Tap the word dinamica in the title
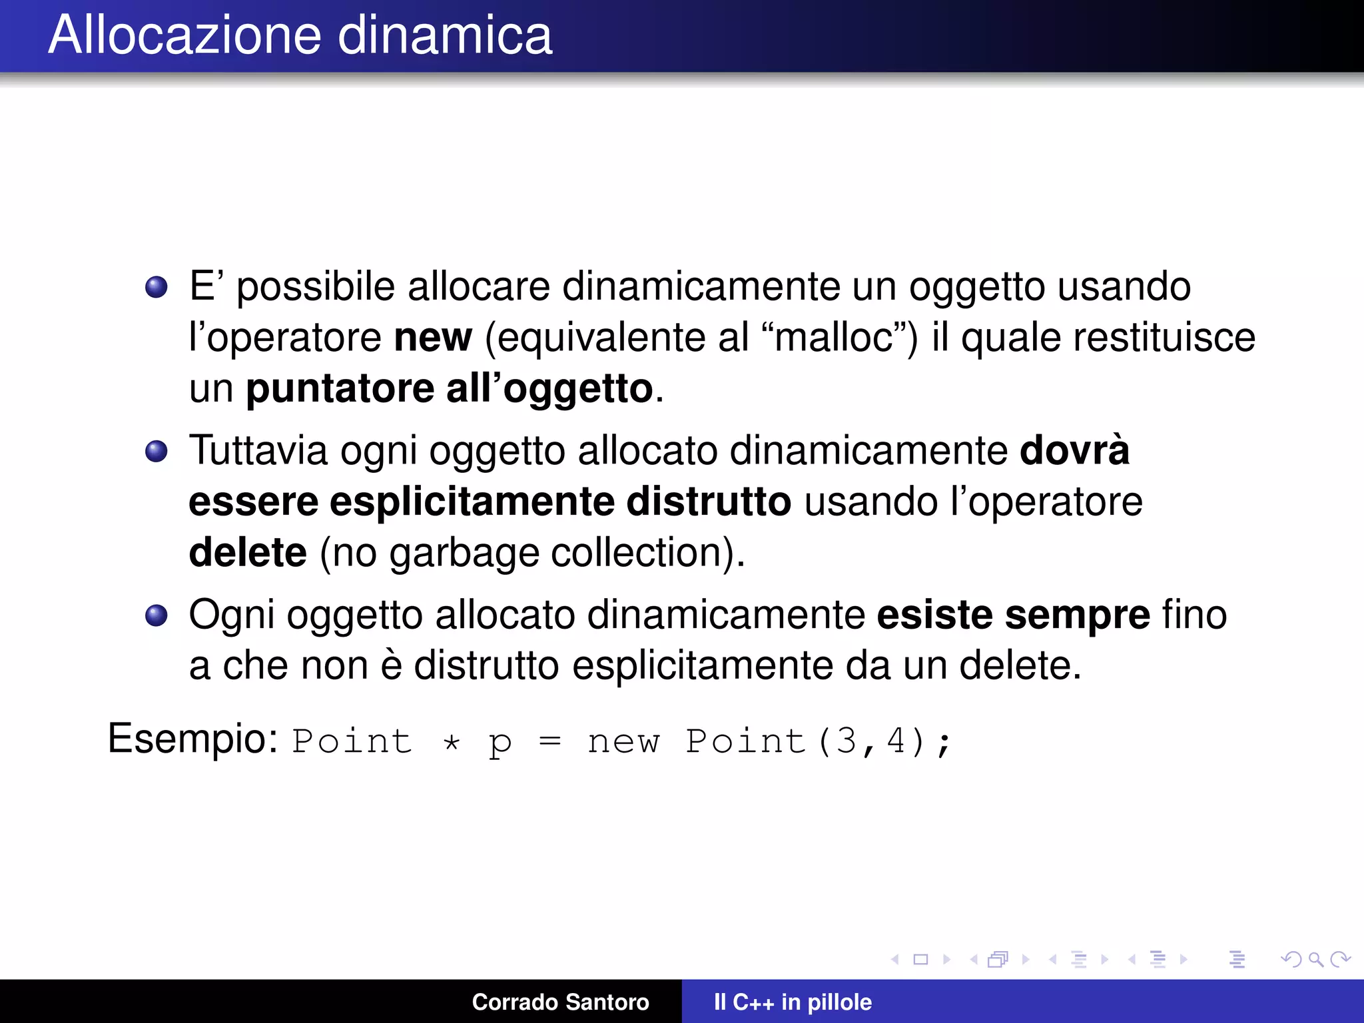[x=445, y=35]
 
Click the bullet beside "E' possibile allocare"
[x=157, y=288]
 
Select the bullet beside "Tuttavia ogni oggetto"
[x=157, y=452]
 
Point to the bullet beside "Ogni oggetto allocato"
[x=157, y=615]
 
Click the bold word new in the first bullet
[x=433, y=338]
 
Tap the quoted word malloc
[x=835, y=338]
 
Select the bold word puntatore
[x=340, y=388]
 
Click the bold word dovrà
[x=1074, y=451]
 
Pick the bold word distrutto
[x=709, y=502]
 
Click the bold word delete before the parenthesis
[x=248, y=552]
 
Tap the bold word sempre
[x=1077, y=615]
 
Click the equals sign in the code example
[x=550, y=741]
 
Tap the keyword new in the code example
[x=623, y=742]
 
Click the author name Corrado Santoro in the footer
[x=560, y=1002]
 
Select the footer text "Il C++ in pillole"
[x=793, y=1002]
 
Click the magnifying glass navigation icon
[x=1315, y=959]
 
